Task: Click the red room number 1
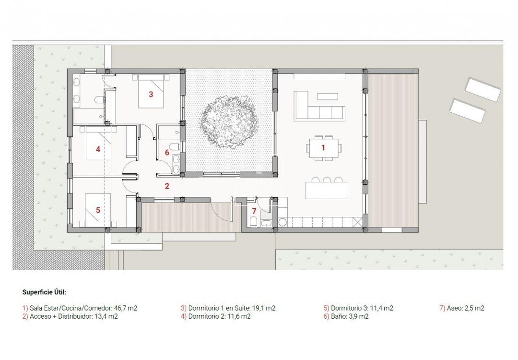point(323,148)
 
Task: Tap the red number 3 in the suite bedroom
point(151,95)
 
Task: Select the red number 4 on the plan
point(98,149)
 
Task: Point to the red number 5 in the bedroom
point(98,210)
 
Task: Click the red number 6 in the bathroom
point(167,153)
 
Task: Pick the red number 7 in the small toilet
point(254,210)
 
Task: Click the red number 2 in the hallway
point(167,186)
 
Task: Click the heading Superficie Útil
point(44,292)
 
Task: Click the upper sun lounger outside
point(483,89)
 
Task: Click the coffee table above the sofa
point(328,96)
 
